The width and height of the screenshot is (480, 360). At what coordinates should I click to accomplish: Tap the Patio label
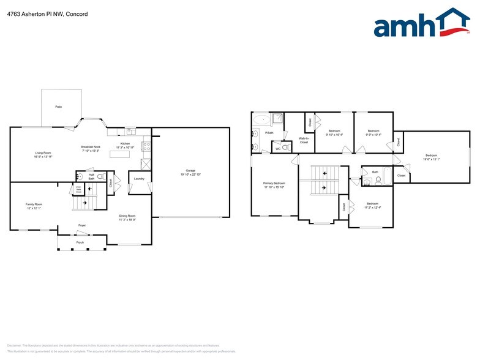tap(59, 107)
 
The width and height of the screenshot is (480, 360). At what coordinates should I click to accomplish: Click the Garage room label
tap(190, 171)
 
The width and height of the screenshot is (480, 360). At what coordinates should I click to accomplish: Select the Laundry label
tap(139, 179)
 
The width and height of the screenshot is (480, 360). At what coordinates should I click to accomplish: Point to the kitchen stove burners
tap(146, 147)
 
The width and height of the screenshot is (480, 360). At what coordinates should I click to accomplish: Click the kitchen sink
tap(130, 130)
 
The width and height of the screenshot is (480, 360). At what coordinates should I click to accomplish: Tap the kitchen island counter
tap(120, 154)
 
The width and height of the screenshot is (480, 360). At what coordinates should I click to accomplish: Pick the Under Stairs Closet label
tap(78, 189)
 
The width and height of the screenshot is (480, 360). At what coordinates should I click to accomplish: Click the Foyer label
tap(82, 225)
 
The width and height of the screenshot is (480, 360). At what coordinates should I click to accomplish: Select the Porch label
tap(80, 242)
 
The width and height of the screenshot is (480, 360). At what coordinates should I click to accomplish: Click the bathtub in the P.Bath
tap(261, 119)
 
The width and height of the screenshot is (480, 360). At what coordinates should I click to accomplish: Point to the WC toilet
tap(285, 148)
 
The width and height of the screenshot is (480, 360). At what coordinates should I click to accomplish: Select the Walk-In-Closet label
tap(303, 140)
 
